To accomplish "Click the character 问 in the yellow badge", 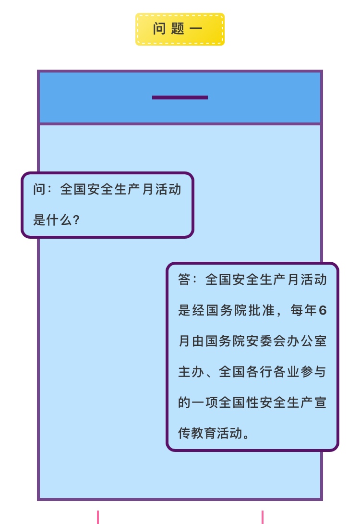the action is pos(159,29).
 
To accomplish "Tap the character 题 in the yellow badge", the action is pos(177,29).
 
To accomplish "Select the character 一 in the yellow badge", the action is pos(196,29).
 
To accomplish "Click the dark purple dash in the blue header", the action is pos(180,97).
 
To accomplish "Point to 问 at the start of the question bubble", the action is pos(39,189).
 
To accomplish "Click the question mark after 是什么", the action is pos(76,220).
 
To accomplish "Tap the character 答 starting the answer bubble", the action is pos(185,280).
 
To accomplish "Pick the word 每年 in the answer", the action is pos(304,311).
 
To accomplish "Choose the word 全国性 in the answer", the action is pos(233,403).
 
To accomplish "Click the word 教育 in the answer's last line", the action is pos(205,434).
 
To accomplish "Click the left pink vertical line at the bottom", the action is pos(98,517).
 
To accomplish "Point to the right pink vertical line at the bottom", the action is pos(263,517).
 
